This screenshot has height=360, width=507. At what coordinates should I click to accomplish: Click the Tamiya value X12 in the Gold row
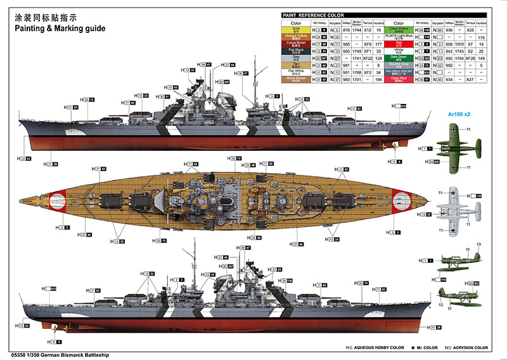click(368, 30)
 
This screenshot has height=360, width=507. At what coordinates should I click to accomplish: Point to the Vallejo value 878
click(346, 30)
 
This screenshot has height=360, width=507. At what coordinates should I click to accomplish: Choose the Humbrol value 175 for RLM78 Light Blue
click(482, 38)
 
